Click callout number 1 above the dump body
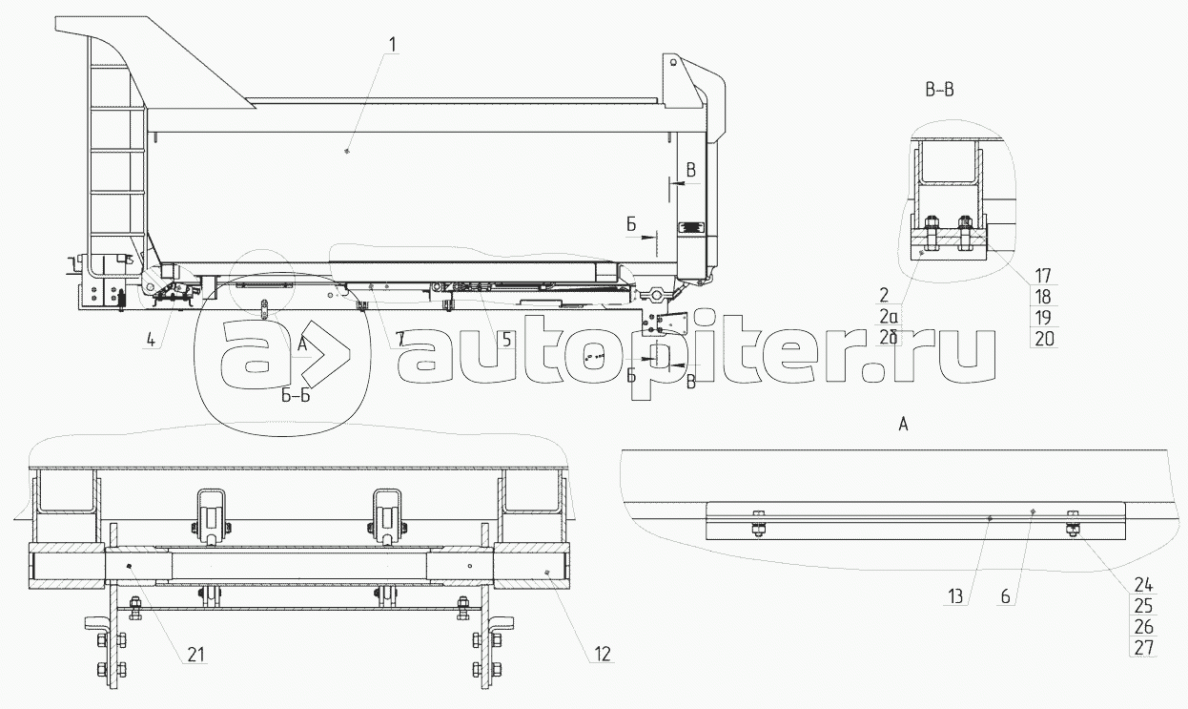click(x=393, y=45)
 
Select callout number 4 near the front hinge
click(x=152, y=339)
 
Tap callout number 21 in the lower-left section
click(x=195, y=655)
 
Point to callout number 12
click(x=603, y=655)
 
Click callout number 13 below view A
click(x=955, y=596)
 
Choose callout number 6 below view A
click(x=1006, y=596)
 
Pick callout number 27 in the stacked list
click(x=1144, y=647)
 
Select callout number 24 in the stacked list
click(x=1144, y=585)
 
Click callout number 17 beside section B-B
click(x=1043, y=276)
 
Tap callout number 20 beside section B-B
click(x=1044, y=339)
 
